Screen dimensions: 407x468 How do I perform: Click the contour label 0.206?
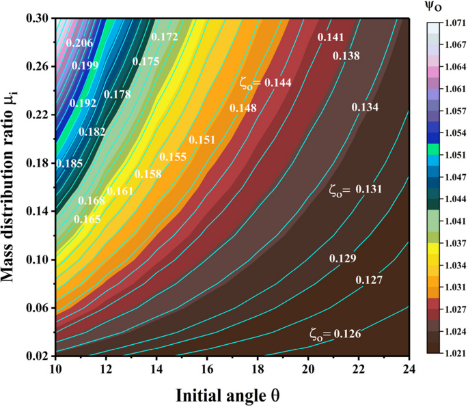pos(79,43)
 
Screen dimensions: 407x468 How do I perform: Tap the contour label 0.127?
pos(370,280)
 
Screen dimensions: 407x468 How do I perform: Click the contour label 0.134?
pos(365,107)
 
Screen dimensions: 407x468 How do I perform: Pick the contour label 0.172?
pos(165,36)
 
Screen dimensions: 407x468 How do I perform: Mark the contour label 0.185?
pos(70,164)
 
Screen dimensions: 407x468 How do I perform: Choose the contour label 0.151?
pos(202,140)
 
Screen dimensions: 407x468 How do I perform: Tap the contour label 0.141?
pos(331,36)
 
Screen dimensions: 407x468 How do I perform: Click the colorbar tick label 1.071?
pos(454,23)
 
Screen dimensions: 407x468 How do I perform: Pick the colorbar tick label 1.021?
pos(454,353)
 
